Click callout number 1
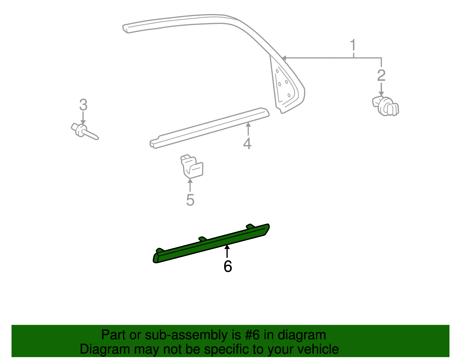pyautogui.click(x=353, y=46)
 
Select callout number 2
pyautogui.click(x=381, y=76)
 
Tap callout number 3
pyautogui.click(x=83, y=105)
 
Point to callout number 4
pyautogui.click(x=247, y=143)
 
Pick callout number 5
pyautogui.click(x=190, y=200)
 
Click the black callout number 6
pyautogui.click(x=228, y=266)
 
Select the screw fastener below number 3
pyautogui.click(x=84, y=132)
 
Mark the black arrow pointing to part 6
pyautogui.click(x=227, y=250)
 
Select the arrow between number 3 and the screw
pyautogui.click(x=83, y=118)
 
